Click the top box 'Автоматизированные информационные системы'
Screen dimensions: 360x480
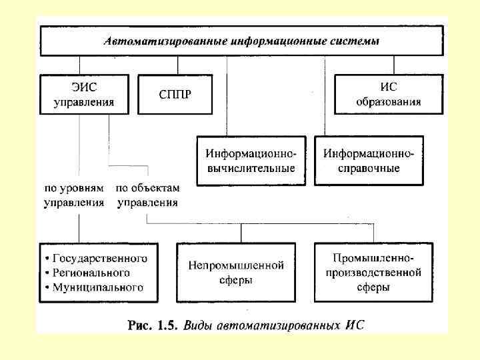(x=241, y=41)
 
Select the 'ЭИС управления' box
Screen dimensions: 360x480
(x=83, y=94)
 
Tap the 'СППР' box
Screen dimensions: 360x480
(x=175, y=94)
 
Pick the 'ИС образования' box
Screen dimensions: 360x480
(x=388, y=94)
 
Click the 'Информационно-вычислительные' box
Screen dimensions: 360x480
(x=250, y=161)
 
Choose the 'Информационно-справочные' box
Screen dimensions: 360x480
(x=369, y=161)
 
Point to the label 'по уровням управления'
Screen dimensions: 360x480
(x=74, y=196)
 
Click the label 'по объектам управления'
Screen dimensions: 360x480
(x=147, y=196)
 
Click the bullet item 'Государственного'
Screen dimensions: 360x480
(x=100, y=258)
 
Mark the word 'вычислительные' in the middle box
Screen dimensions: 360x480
(x=250, y=168)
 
